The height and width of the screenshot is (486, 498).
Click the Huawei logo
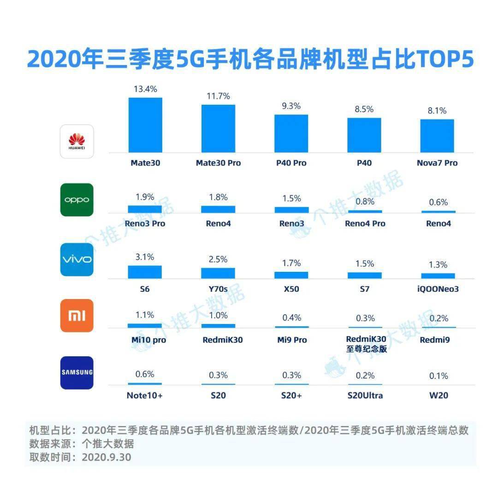[x=77, y=141]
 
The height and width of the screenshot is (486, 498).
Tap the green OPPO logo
[x=77, y=200]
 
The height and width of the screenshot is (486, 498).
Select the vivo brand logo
[x=77, y=259]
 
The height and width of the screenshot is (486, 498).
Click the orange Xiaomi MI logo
[x=77, y=316]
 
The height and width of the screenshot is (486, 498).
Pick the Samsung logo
[x=77, y=372]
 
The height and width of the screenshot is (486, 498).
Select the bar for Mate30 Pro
[x=218, y=129]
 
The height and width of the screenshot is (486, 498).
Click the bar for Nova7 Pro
[x=437, y=136]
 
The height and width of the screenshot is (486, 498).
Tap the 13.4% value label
[x=145, y=89]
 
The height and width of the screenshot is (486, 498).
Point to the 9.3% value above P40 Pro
[x=291, y=106]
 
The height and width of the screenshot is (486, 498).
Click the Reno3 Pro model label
[x=145, y=224]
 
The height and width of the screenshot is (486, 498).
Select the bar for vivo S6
[x=145, y=272]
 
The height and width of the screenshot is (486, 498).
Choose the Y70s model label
[x=218, y=289]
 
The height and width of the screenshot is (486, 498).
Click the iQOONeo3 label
[x=437, y=289]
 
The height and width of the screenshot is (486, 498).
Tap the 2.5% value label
[x=218, y=259]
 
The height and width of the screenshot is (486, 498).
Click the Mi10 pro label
[x=145, y=340]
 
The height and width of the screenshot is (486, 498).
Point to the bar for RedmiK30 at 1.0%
[x=218, y=326]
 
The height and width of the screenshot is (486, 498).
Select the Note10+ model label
[x=145, y=396]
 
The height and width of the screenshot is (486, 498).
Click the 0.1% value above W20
[x=438, y=376]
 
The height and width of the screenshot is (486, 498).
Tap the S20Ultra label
[x=364, y=396]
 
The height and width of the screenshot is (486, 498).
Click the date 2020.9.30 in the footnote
[x=106, y=457]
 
